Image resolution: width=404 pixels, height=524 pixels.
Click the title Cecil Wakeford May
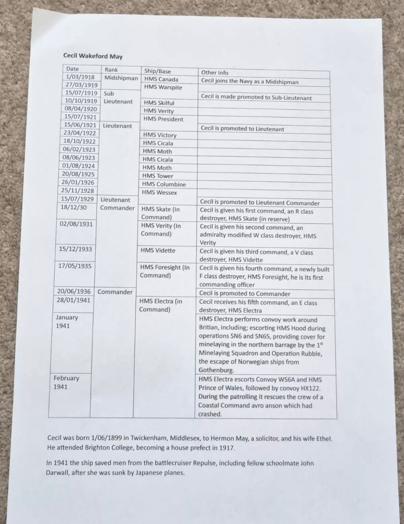coord(93,56)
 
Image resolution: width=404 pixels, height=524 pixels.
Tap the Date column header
coord(73,69)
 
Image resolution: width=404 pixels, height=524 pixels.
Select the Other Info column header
coord(214,73)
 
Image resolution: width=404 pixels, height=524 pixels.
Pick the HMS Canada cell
coord(161,79)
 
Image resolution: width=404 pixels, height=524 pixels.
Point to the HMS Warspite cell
coord(163,87)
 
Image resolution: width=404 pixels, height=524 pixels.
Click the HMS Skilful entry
coord(159,103)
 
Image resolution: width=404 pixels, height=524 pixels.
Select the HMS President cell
coord(163,119)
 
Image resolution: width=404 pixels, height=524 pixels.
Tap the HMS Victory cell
coord(160,135)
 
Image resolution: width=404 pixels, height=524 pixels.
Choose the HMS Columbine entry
coord(164,185)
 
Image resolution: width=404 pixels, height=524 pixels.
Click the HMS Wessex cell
coord(159,193)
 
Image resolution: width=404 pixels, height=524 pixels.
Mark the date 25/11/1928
coord(78,190)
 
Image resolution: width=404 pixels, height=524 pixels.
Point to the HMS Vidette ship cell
coord(158,251)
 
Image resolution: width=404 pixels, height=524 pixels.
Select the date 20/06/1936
coord(74,291)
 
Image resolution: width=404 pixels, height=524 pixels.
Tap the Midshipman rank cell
coord(121,78)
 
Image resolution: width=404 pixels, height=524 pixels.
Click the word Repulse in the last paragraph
coord(206,463)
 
